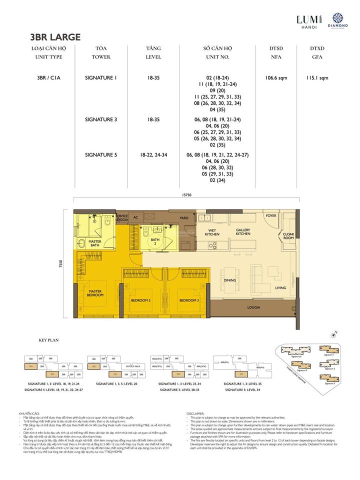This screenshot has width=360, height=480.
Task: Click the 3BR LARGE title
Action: pyautogui.click(x=55, y=37)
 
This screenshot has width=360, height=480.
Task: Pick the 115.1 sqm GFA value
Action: pyautogui.click(x=317, y=77)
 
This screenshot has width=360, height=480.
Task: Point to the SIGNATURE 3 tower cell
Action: pyautogui.click(x=101, y=120)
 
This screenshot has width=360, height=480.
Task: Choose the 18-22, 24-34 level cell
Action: pyautogui.click(x=153, y=155)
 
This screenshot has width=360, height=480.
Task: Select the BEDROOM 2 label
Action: pyautogui.click(x=140, y=300)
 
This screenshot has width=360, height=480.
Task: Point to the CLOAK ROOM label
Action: pyautogui.click(x=288, y=236)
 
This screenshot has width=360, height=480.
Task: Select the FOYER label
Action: pyautogui.click(x=271, y=215)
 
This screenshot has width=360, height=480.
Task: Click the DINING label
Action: pyautogui.click(x=229, y=280)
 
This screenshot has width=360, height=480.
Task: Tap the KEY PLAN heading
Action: pyautogui.click(x=48, y=340)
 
